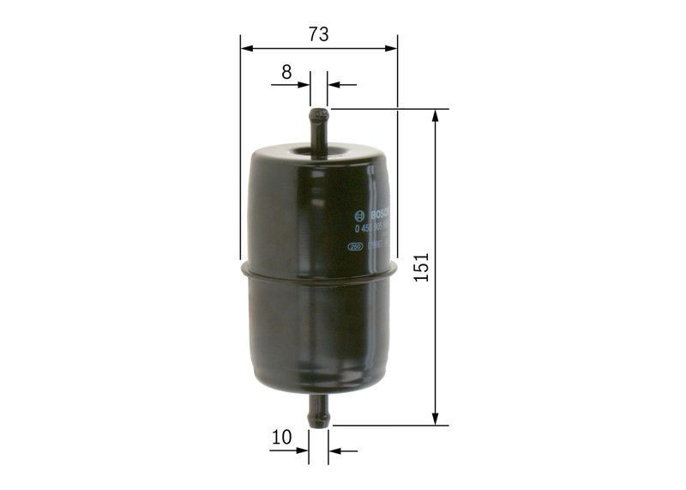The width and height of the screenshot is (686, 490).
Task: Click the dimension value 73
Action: tap(319, 35)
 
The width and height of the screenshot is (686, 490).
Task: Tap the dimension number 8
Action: tap(286, 72)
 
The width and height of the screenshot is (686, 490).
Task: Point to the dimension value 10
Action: tap(281, 438)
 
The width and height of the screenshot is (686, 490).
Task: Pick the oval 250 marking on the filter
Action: tap(353, 246)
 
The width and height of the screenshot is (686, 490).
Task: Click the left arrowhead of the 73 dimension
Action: tap(246, 48)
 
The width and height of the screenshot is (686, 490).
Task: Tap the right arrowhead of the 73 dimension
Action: tap(392, 48)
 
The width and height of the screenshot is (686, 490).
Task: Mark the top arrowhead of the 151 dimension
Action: tap(436, 116)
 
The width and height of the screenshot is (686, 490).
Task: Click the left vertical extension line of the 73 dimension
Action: tap(240, 154)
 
